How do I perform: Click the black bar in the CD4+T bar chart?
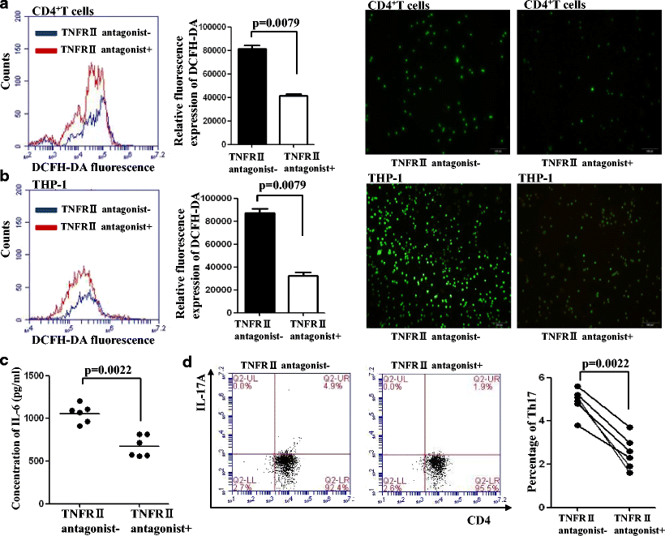[252, 97]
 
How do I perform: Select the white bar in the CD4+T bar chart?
[300, 122]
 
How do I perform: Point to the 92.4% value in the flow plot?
[333, 487]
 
